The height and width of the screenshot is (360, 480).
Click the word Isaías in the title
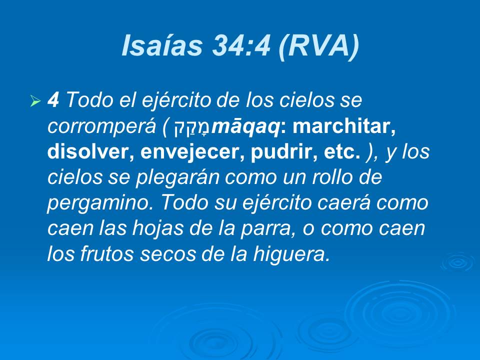click(161, 46)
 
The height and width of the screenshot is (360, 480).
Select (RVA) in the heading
click(319, 46)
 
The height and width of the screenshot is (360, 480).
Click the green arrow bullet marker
click(35, 101)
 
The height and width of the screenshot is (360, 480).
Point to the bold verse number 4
click(53, 100)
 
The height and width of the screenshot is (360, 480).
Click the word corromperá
click(102, 127)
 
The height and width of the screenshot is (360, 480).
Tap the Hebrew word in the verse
click(192, 128)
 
